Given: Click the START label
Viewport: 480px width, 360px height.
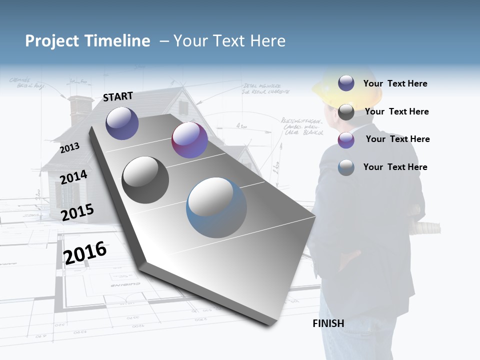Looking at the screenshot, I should point(118,96).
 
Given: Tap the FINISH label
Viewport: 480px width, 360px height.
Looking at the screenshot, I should point(328,323).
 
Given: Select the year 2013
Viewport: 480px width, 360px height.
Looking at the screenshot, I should point(69,148).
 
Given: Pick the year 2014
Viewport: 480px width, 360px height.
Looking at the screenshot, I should point(73,177).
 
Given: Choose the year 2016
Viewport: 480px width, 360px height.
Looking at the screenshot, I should point(85,252).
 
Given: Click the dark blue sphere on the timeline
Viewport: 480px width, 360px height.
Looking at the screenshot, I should point(122,123).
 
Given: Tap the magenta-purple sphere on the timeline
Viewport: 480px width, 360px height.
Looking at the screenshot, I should point(189,140).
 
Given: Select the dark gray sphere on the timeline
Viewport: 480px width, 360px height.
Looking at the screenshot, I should point(145,180).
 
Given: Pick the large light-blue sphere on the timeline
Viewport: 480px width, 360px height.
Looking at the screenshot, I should point(216,207).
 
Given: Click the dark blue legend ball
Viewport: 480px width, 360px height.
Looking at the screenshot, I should point(346,83).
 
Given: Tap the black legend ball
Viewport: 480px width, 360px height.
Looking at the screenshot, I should point(346,112).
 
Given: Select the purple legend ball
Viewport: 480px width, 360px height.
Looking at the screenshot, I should point(346,140).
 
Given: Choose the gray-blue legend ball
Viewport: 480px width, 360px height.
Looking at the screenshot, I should point(346,167).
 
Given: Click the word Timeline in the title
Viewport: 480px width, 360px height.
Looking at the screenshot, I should point(116,41).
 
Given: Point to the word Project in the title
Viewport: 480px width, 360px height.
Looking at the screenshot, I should point(52,41).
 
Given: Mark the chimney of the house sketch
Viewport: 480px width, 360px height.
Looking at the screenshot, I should point(80,109).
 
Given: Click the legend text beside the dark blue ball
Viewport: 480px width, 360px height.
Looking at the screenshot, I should point(395,83).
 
